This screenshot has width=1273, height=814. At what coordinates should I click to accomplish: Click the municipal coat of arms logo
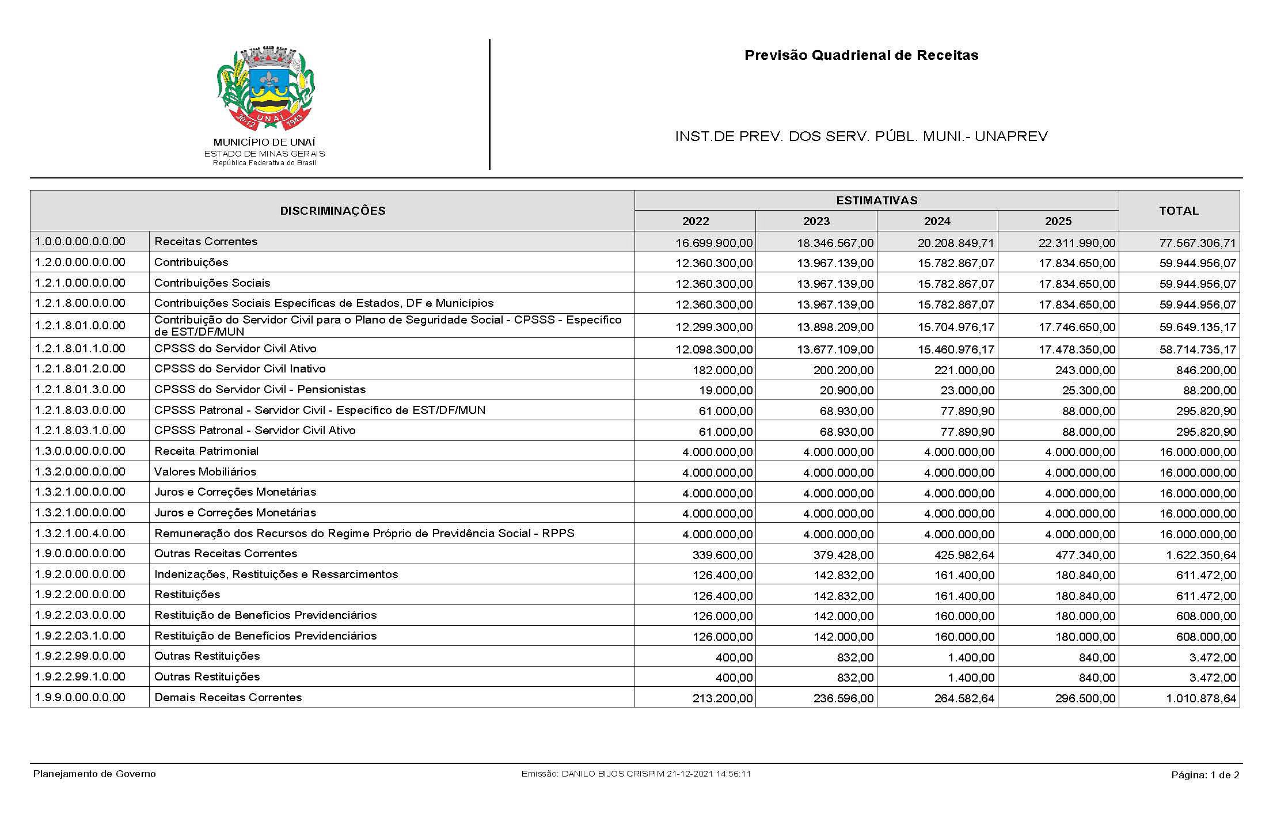(x=265, y=89)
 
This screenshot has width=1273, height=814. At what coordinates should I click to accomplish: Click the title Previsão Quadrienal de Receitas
(x=861, y=55)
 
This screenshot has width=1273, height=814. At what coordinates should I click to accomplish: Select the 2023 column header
(x=816, y=221)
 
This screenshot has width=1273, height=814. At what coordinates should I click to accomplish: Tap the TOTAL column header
(x=1179, y=211)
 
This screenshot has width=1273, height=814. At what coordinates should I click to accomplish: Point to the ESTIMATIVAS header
(x=876, y=200)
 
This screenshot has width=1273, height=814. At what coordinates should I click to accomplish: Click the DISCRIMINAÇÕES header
(x=333, y=211)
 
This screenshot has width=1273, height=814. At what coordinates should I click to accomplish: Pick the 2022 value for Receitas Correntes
(x=714, y=243)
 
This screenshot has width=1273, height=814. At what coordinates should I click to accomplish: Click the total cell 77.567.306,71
(x=1197, y=243)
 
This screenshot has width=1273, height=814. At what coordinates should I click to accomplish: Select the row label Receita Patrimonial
(x=206, y=451)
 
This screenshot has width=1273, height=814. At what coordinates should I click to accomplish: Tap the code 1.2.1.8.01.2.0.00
(x=80, y=368)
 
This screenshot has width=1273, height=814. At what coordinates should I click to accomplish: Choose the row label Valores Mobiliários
(x=205, y=471)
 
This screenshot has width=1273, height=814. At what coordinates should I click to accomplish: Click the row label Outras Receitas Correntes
(x=226, y=553)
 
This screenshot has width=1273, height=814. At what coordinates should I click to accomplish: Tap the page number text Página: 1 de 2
(x=1205, y=775)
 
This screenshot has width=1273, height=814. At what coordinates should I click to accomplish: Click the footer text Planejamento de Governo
(x=94, y=774)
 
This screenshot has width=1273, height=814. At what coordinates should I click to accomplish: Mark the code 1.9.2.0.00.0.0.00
(x=80, y=574)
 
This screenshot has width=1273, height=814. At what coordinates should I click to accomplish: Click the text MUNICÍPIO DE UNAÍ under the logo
(x=264, y=142)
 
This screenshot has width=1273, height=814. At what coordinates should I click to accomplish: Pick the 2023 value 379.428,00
(x=843, y=555)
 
